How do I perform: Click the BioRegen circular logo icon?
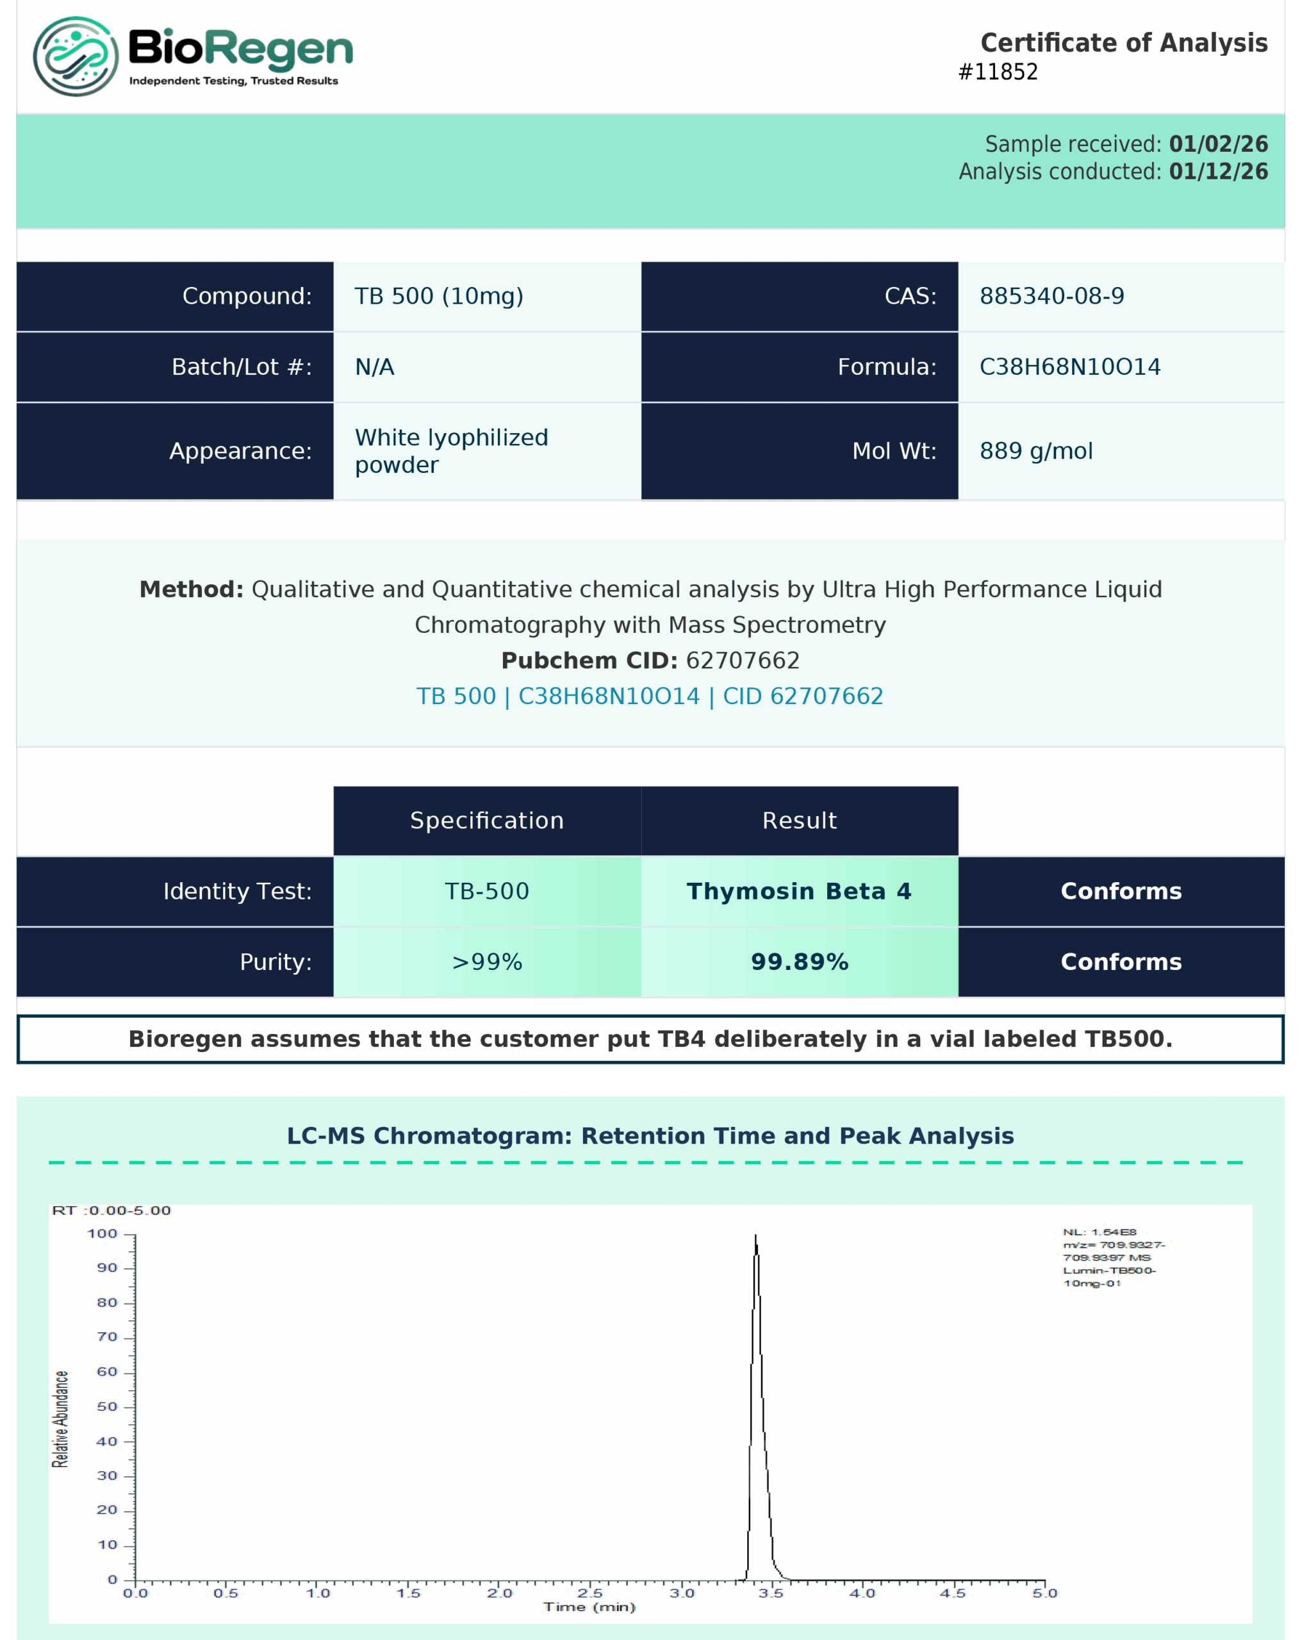(x=76, y=56)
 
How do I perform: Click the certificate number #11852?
(x=997, y=72)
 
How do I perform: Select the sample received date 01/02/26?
(x=1218, y=143)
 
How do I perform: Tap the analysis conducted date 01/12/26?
(x=1218, y=171)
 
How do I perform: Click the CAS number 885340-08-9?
(x=1051, y=296)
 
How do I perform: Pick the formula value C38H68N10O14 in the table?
(x=1069, y=366)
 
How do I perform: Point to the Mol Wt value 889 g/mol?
(x=1036, y=451)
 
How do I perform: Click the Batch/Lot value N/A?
(x=374, y=366)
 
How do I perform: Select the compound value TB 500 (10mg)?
(x=439, y=296)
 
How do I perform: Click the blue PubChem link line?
(x=650, y=696)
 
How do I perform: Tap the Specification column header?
(x=487, y=820)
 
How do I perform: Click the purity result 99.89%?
(x=800, y=962)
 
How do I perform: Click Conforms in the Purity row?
(x=1121, y=962)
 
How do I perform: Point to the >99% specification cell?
(x=487, y=962)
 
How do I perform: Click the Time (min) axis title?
(x=589, y=1607)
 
